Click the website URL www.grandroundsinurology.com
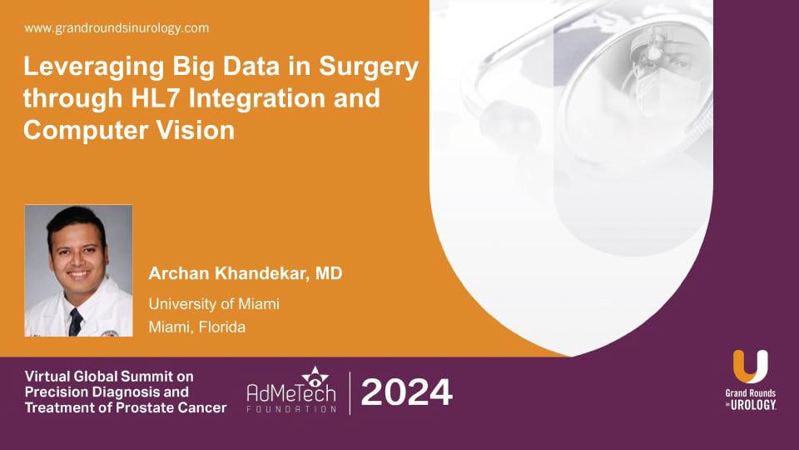pos(117,28)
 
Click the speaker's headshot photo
pos(78,270)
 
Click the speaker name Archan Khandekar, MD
pos(246,274)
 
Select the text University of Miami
pos(214,304)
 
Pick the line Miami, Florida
pos(197,327)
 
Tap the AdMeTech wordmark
pos(291,394)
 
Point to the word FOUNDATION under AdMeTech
pos(291,410)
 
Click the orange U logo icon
pos(750,367)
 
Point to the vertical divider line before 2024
pos(350,392)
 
